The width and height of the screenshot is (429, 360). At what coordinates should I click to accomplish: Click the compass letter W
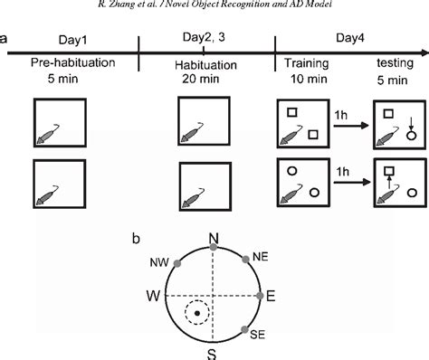click(x=152, y=296)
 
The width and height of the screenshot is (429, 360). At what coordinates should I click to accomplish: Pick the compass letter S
click(x=212, y=352)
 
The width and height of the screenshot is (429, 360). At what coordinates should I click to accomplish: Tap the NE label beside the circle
click(x=261, y=256)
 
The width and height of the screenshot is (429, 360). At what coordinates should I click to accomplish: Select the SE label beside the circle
click(x=258, y=334)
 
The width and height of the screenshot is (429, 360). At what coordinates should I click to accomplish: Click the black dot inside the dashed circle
click(x=195, y=315)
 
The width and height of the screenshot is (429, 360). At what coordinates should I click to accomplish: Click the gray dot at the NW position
click(x=178, y=262)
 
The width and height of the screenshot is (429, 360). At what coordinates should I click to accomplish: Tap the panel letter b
click(x=136, y=239)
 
